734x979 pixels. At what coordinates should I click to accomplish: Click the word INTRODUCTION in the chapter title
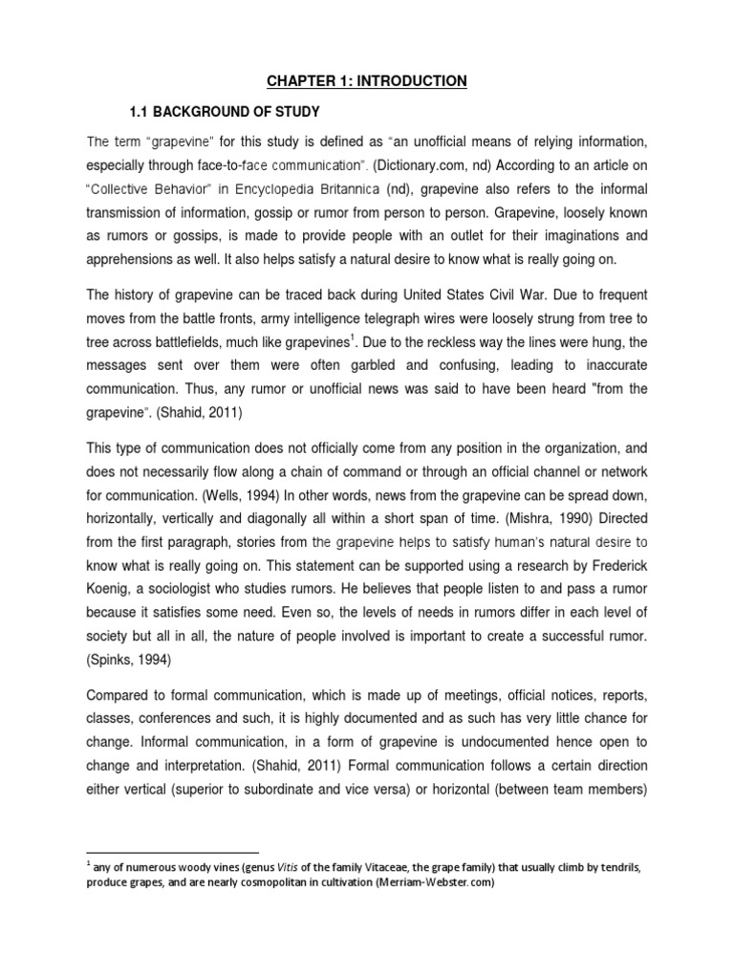pyautogui.click(x=413, y=81)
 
